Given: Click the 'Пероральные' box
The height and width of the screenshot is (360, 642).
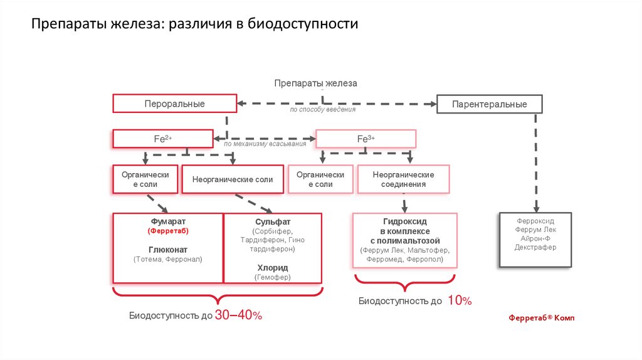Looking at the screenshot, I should (174, 103).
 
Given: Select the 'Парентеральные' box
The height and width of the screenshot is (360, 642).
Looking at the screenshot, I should (489, 104).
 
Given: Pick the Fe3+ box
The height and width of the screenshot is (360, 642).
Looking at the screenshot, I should (366, 139).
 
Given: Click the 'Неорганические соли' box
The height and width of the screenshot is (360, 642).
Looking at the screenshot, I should (233, 179).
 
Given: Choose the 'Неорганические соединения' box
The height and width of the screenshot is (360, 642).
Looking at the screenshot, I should (403, 179).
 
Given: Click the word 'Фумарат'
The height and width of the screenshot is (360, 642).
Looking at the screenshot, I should (168, 221).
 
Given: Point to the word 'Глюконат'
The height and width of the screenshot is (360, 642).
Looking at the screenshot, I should (168, 248).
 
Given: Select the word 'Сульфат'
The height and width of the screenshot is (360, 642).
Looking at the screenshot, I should (273, 222).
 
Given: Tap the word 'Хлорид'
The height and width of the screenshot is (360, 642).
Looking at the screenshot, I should (273, 267).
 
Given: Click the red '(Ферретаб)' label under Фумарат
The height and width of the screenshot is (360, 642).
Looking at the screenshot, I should (168, 231).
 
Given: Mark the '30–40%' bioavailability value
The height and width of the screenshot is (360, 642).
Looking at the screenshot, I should (238, 315).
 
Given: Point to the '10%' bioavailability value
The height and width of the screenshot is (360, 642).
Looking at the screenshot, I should (460, 301).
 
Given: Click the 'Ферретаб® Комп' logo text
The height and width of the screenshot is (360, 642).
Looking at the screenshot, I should (541, 318).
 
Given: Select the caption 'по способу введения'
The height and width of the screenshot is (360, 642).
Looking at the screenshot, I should (322, 110).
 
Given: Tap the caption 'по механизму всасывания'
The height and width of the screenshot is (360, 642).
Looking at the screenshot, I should (265, 144).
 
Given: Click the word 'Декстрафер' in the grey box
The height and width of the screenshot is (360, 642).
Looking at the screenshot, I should (535, 248).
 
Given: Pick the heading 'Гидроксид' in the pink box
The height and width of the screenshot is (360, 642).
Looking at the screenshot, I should (404, 222).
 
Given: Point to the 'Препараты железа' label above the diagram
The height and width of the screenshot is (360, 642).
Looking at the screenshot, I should (315, 83).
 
